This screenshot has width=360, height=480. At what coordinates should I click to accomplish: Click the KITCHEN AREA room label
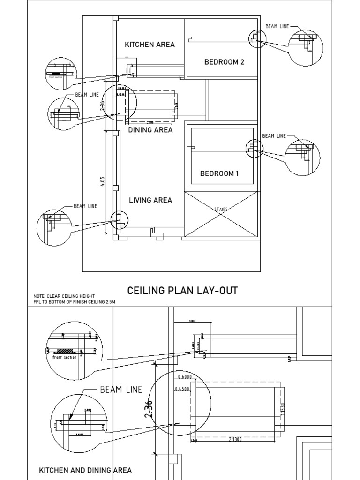(150, 45)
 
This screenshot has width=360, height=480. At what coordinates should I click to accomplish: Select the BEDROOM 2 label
(224, 62)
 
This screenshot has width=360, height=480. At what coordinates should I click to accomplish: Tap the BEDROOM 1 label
(219, 173)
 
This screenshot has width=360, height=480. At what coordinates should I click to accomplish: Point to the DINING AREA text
(150, 130)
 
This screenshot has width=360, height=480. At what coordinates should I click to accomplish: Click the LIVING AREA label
(150, 200)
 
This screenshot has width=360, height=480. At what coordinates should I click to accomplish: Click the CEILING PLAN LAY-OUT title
(182, 291)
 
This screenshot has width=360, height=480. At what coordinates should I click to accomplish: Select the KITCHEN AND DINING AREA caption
(85, 470)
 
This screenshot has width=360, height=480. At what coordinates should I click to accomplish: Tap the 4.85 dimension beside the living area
(102, 181)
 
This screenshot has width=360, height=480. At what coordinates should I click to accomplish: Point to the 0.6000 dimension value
(185, 377)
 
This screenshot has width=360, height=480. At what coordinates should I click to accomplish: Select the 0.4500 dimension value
(183, 389)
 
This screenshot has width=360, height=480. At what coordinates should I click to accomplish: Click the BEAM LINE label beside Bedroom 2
(277, 26)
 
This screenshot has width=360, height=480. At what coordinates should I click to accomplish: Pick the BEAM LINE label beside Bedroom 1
(274, 136)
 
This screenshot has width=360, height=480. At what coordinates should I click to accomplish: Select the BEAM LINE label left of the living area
(85, 206)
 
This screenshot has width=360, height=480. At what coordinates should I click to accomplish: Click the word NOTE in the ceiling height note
(39, 296)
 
